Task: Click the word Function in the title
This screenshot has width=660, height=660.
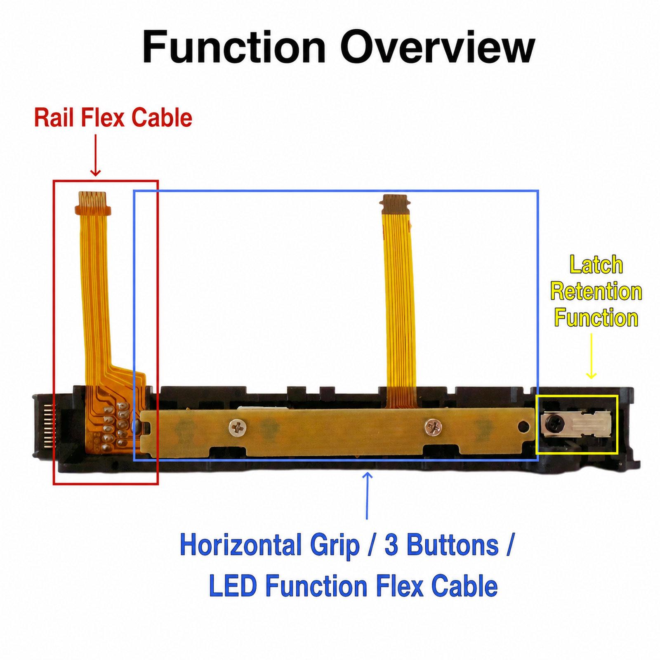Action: [233, 47]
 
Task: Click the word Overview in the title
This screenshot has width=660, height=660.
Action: [437, 47]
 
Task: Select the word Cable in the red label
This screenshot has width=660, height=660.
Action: [162, 118]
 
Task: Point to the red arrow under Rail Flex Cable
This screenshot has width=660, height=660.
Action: [95, 155]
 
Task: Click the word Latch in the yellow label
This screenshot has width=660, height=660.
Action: [596, 265]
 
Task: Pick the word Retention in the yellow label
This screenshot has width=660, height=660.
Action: [596, 292]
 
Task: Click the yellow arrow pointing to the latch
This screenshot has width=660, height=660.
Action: [591, 356]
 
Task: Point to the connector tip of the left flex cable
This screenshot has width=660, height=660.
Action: [93, 203]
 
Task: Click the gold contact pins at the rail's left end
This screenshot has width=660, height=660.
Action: [47, 426]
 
